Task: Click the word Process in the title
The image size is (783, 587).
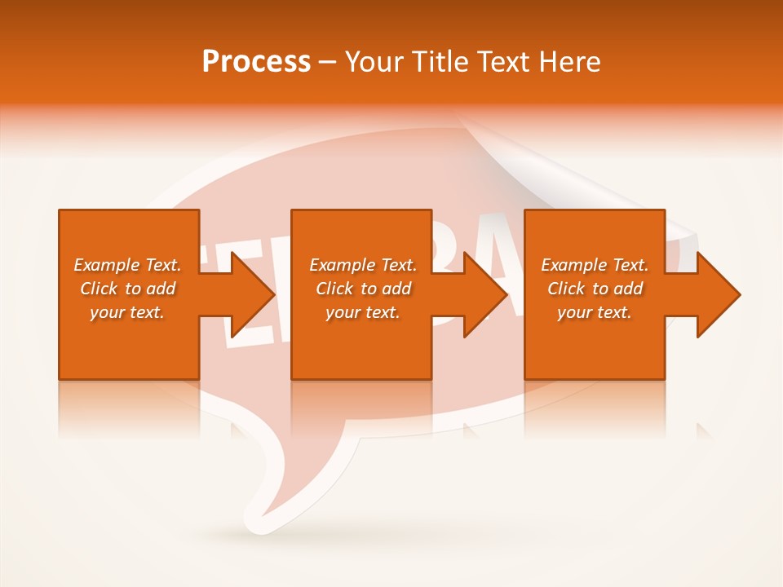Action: (x=256, y=62)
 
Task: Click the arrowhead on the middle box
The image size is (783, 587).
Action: (x=484, y=294)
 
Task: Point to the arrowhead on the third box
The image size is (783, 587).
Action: (x=718, y=294)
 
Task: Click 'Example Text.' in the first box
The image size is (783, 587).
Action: (x=127, y=265)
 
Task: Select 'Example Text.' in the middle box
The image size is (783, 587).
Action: (x=363, y=265)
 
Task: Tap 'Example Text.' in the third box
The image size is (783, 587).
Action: (x=595, y=265)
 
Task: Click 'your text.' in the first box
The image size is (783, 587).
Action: (x=127, y=312)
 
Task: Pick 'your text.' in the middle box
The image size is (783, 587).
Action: (x=363, y=312)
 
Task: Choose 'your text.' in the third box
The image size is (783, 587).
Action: (x=595, y=312)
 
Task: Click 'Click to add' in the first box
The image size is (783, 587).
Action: (x=127, y=289)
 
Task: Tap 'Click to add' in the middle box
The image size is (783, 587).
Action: (x=363, y=289)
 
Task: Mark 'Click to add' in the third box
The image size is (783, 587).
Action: (x=595, y=289)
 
